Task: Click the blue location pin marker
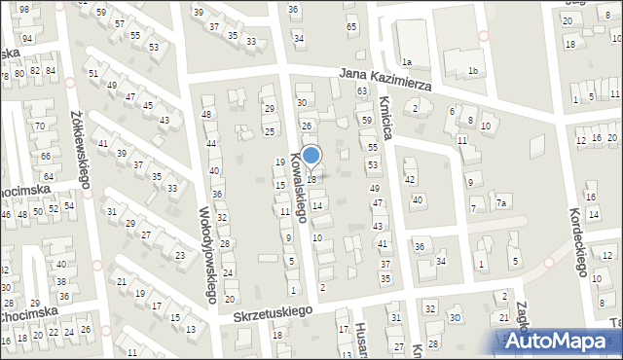tap(311, 157)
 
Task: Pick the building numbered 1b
tap(473, 70)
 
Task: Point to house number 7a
tap(501, 202)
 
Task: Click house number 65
tap(351, 27)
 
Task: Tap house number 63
tap(361, 90)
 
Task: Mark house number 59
tap(367, 120)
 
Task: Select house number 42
tap(410, 180)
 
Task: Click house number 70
tap(40, 126)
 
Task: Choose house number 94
tap(28, 39)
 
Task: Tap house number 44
tap(211, 144)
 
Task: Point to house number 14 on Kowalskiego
tap(316, 205)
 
